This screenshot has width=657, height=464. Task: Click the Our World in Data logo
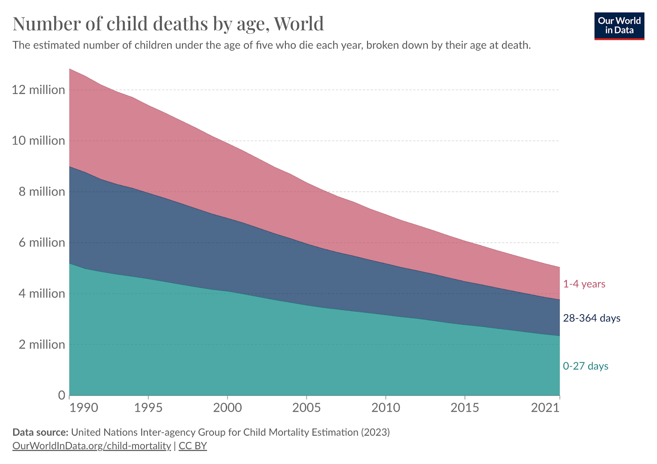click(619, 26)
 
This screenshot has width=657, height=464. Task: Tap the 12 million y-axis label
click(38, 90)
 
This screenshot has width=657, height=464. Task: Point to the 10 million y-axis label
click(38, 141)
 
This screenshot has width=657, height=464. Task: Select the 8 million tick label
click(41, 192)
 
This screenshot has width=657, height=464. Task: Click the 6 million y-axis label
click(41, 243)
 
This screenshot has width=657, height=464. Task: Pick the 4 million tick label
click(41, 294)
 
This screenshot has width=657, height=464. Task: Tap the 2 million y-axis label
click(41, 345)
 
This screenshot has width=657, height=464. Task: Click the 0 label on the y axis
click(62, 395)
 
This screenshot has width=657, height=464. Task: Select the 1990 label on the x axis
click(84, 408)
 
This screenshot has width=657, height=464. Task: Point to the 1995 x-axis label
click(148, 408)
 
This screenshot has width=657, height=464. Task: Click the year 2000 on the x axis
click(227, 408)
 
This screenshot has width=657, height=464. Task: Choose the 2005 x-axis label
click(306, 408)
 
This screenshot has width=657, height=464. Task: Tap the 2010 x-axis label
click(386, 408)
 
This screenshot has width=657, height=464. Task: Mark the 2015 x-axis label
click(465, 408)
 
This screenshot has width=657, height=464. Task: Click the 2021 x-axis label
click(545, 408)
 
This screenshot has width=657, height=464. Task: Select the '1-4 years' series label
click(584, 284)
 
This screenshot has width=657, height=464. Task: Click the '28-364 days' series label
click(591, 318)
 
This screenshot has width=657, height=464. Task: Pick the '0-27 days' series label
click(586, 366)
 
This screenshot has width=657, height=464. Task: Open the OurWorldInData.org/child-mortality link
click(92, 446)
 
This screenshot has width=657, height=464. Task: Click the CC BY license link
click(193, 446)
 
